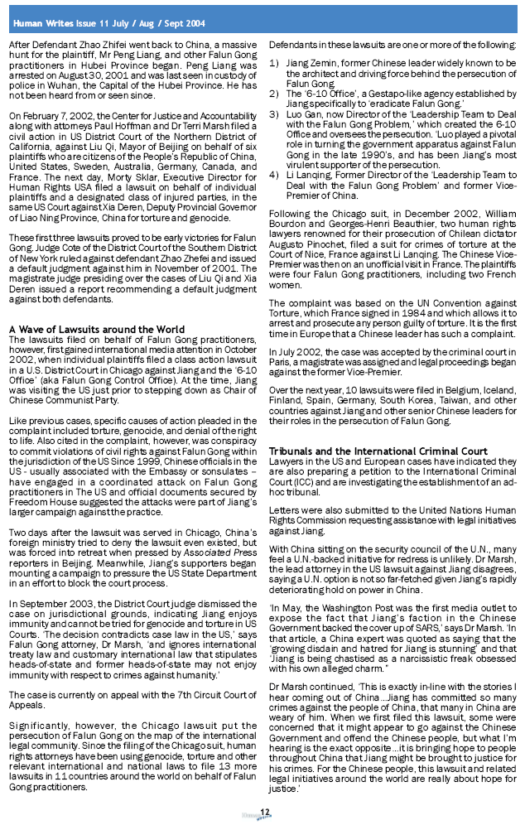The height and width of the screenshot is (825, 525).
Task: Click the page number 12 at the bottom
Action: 264,811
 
